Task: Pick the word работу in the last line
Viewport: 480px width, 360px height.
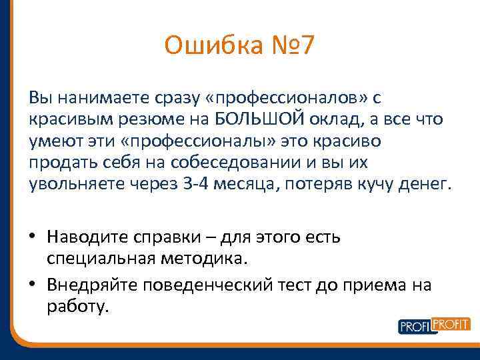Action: [x=77, y=307]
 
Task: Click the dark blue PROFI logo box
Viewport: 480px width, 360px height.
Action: [x=415, y=327]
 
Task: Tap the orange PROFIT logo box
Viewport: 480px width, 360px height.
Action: [x=452, y=325]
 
